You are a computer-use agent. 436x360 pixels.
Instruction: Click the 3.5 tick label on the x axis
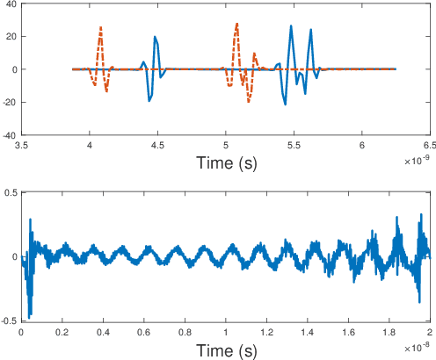click(22, 145)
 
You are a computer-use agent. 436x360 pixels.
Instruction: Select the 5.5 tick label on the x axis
click(294, 145)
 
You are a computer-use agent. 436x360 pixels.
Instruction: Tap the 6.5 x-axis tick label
click(430, 145)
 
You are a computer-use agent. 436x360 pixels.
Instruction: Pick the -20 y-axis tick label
click(9, 103)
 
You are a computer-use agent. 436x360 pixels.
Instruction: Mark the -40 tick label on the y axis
click(9, 135)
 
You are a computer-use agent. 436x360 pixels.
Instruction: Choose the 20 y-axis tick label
click(11, 36)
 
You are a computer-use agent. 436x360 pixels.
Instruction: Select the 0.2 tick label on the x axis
click(62, 333)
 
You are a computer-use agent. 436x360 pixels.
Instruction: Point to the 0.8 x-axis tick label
click(185, 333)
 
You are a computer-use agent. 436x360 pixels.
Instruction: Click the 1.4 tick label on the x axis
click(308, 333)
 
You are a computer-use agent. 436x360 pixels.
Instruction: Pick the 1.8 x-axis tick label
click(389, 333)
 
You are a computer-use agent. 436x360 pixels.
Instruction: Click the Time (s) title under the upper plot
click(226, 162)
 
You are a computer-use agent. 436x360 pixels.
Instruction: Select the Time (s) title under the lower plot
click(226, 350)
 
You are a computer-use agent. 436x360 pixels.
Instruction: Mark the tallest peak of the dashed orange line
click(237, 24)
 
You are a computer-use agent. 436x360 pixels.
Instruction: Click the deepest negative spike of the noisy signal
click(30, 316)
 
